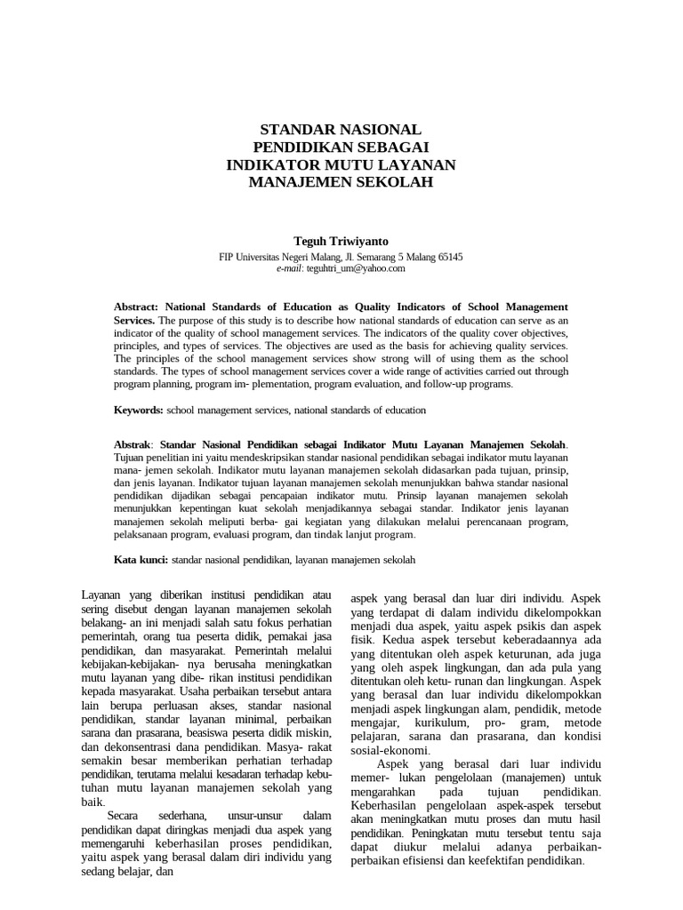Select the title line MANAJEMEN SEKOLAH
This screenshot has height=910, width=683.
point(341,182)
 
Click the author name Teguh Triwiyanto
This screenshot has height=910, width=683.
point(341,241)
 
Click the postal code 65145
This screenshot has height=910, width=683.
point(447,256)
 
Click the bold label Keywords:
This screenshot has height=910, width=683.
point(139,410)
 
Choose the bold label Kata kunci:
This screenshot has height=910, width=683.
point(141,561)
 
